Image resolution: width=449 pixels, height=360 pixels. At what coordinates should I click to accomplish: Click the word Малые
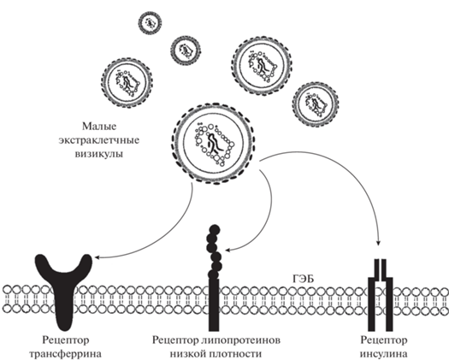point(99,127)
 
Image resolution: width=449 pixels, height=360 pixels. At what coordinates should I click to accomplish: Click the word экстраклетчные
point(99,140)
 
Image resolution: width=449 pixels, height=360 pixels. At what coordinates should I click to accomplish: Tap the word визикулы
point(99,154)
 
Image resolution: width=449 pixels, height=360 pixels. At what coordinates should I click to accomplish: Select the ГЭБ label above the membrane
point(303,279)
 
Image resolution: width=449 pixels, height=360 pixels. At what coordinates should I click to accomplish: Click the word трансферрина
point(66,354)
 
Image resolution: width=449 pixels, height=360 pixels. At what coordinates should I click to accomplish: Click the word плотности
point(235,354)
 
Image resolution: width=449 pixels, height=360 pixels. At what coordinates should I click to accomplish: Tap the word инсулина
point(383,354)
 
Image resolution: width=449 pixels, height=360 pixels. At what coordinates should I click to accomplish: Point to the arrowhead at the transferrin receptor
point(97,257)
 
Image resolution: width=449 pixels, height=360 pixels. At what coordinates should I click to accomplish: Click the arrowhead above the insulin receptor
point(378,243)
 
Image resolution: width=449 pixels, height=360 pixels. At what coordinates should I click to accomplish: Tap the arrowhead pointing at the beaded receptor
point(228,250)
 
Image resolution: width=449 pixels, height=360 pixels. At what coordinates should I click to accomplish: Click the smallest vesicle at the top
point(150,23)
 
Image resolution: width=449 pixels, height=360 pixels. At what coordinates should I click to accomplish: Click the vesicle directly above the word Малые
point(127,81)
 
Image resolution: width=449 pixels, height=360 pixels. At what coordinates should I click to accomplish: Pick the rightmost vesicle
point(316,104)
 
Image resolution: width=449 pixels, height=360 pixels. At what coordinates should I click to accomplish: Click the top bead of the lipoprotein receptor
point(215,230)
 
